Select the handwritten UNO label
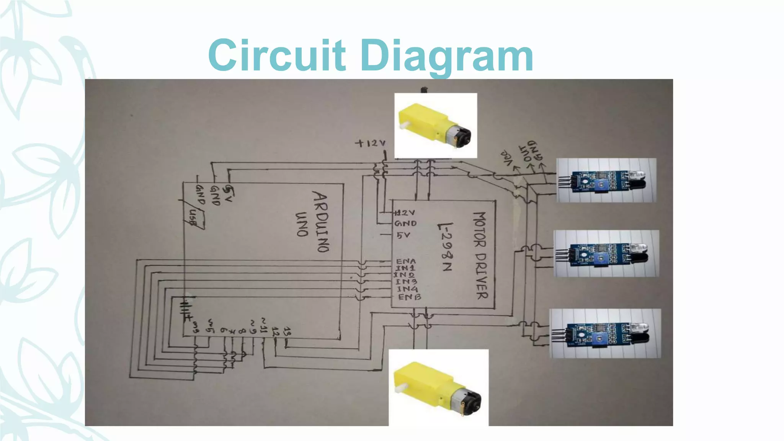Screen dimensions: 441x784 tap(302, 224)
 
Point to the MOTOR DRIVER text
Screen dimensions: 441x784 tap(480, 255)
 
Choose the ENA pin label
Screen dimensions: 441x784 tap(405, 261)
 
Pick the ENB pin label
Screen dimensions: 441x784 tap(410, 297)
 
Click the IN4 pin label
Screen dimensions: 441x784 tap(407, 289)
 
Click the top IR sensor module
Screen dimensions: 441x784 tap(606, 180)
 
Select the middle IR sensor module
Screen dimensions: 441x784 tap(606, 254)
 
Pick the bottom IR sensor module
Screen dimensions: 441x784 tap(605, 333)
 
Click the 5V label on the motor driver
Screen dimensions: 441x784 tap(403, 235)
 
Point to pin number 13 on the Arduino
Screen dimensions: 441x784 tap(287, 332)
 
